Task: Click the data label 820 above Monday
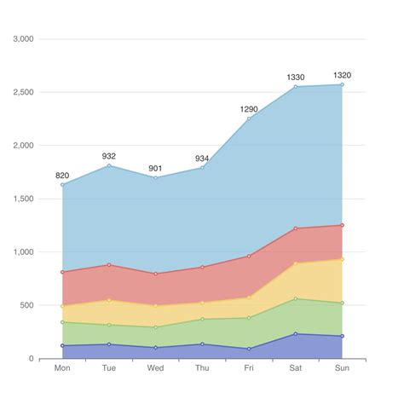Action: (62, 176)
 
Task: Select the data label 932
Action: (109, 156)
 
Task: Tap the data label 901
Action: (156, 168)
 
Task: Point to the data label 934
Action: (203, 159)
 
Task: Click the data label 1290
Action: (249, 109)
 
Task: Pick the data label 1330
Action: (296, 78)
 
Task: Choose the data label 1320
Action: (343, 75)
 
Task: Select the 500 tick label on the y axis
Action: (26, 305)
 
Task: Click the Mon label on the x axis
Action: (62, 368)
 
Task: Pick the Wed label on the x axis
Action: (156, 368)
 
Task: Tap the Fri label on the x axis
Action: (249, 368)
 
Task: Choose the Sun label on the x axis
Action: (343, 368)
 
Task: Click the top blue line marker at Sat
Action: (296, 87)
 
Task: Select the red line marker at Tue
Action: (109, 265)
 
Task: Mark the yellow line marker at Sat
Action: (296, 263)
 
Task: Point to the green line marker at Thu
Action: (203, 319)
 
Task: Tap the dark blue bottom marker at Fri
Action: (249, 349)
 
